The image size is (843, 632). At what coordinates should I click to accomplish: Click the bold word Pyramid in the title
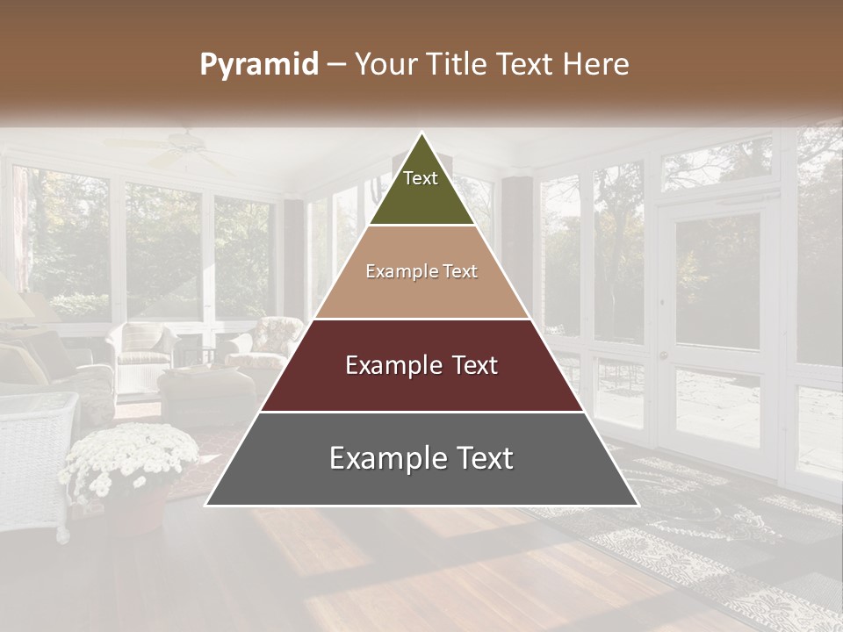pyautogui.click(x=259, y=65)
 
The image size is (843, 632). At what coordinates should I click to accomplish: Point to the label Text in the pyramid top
pyautogui.click(x=421, y=178)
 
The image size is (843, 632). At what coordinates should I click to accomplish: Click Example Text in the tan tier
pyautogui.click(x=421, y=271)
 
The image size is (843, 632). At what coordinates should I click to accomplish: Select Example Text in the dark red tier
pyautogui.click(x=421, y=365)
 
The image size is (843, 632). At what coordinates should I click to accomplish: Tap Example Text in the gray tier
pyautogui.click(x=421, y=458)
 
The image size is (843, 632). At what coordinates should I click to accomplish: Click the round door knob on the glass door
pyautogui.click(x=664, y=355)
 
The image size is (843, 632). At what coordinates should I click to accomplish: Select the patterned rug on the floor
pyautogui.click(x=720, y=527)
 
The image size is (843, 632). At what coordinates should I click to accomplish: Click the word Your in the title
pyautogui.click(x=385, y=65)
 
